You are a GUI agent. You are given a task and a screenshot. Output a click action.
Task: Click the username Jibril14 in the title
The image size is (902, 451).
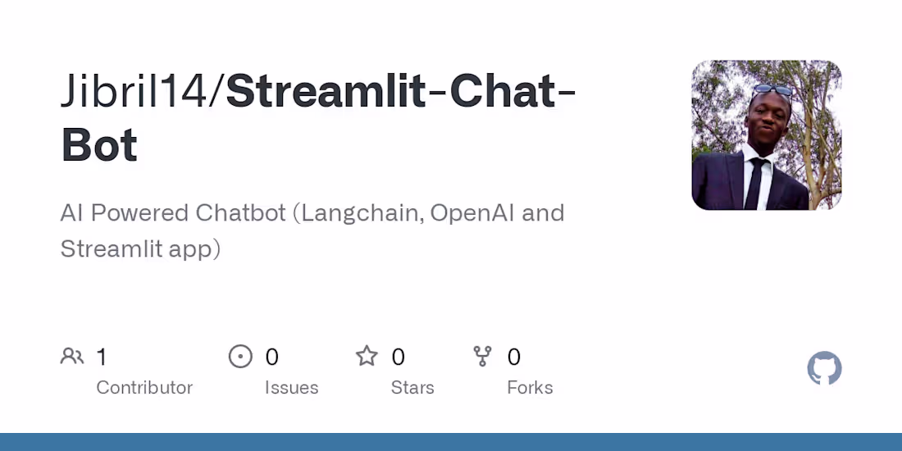[x=136, y=92]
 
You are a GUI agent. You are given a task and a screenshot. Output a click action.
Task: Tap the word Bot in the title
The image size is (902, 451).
[x=99, y=145]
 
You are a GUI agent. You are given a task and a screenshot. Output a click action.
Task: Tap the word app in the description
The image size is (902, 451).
[x=192, y=248]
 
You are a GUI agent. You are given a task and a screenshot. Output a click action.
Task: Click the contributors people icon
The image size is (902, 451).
[x=72, y=356]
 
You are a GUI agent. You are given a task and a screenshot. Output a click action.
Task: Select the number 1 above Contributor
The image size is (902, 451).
[x=102, y=357]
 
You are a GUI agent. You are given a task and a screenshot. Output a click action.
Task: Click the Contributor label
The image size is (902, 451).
[x=144, y=388]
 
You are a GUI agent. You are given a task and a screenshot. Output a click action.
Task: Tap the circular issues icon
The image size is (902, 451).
[x=240, y=356]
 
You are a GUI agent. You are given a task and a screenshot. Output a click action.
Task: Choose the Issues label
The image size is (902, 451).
[x=291, y=388]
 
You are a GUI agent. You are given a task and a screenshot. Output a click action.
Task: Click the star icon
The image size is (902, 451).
[x=367, y=356]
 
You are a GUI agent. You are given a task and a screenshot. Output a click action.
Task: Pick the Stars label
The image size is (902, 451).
[x=412, y=388]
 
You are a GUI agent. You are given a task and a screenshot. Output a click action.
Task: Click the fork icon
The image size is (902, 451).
[x=482, y=356]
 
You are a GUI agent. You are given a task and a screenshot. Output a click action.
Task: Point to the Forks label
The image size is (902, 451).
[x=530, y=388]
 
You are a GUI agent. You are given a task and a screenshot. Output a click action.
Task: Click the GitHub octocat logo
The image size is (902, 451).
[x=824, y=368]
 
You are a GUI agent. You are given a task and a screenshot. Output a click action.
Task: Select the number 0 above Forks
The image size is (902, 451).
[x=514, y=357]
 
